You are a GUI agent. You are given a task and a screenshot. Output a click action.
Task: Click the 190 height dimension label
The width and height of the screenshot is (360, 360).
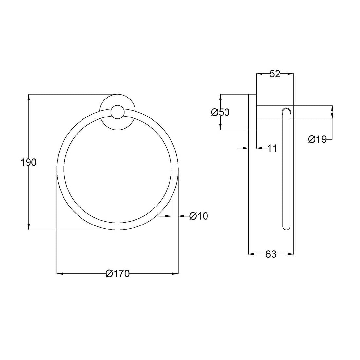(28, 162)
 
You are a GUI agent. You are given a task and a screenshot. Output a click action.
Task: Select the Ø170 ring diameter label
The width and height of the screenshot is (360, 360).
(118, 274)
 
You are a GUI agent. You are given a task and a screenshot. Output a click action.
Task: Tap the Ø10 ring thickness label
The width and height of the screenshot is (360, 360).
(199, 216)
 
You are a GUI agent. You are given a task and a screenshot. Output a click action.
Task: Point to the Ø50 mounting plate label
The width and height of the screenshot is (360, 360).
(220, 112)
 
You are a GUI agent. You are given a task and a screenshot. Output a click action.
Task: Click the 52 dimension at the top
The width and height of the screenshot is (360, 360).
(275, 74)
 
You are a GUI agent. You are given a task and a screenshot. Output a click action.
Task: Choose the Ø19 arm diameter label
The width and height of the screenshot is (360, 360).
(317, 139)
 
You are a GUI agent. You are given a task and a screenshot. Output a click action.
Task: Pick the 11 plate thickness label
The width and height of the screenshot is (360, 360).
(272, 148)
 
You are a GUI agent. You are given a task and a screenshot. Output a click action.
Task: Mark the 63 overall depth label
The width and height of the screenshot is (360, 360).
(271, 254)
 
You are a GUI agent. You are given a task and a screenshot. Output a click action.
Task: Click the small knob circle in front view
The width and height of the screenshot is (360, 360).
(117, 112)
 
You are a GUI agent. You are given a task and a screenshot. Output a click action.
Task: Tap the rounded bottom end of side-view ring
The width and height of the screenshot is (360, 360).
(286, 227)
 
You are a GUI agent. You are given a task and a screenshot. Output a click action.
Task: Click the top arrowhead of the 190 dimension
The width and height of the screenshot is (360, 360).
(29, 97)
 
